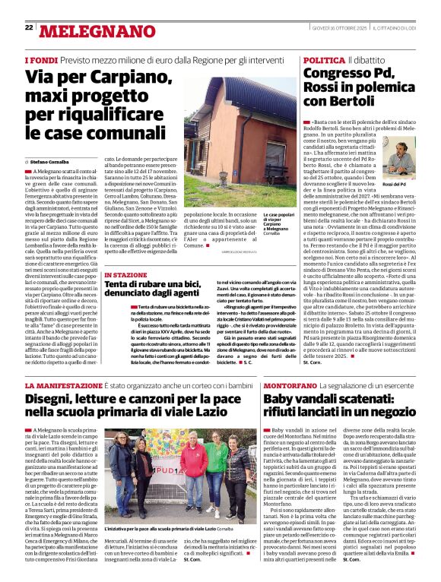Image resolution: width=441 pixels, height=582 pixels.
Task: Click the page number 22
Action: click(29, 27)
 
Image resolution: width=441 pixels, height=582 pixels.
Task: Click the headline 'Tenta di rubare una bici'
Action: click(152, 286)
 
